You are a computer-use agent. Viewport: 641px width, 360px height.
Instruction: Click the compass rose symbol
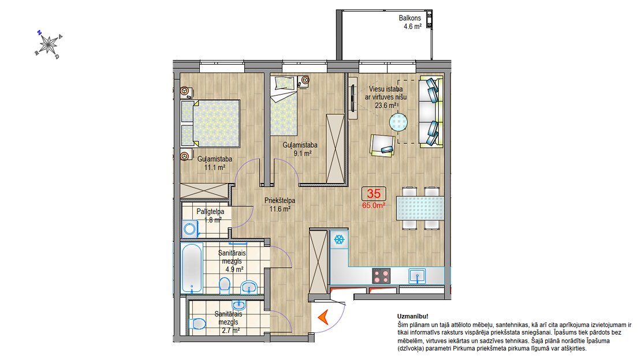(49, 44)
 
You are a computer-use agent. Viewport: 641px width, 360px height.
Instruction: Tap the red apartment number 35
(374, 193)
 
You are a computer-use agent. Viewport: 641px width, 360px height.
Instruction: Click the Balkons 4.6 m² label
(410, 22)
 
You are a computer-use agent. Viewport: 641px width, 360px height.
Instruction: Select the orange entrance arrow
(323, 317)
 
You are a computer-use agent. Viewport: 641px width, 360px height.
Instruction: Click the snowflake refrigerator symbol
(339, 239)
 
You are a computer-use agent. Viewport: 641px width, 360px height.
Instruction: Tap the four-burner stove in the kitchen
(381, 276)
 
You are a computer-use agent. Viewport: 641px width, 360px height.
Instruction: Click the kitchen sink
(417, 276)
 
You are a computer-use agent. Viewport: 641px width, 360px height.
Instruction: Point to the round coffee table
(398, 122)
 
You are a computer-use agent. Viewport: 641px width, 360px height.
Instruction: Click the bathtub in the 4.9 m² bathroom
(192, 268)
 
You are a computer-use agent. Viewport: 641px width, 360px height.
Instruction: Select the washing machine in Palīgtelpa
(190, 229)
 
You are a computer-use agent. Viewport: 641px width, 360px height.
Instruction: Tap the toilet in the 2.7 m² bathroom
(197, 324)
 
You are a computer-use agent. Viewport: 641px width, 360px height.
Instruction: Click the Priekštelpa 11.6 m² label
(279, 205)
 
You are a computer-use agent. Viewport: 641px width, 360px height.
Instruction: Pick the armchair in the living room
(383, 145)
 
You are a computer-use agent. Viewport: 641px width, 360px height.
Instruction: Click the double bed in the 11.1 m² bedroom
(210, 123)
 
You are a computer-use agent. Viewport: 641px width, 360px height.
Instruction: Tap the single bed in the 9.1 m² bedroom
(284, 107)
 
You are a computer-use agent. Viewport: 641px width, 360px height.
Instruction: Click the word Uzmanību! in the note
(412, 316)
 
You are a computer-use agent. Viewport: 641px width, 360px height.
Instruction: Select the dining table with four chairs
(420, 208)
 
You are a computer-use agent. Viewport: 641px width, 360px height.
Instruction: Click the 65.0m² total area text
(374, 205)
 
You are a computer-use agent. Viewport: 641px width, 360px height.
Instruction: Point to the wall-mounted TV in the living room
(352, 98)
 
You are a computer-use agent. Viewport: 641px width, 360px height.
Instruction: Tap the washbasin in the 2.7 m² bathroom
(238, 305)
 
